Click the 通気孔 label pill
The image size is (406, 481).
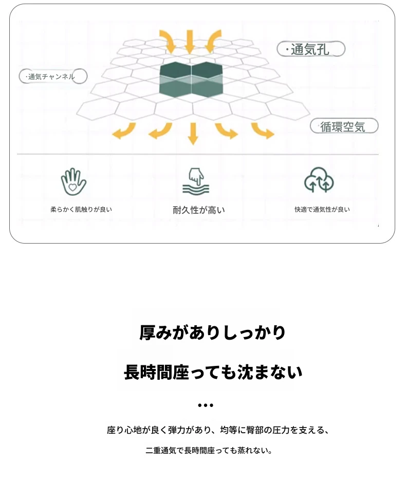coord(311,49)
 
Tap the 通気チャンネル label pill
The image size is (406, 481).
coord(53,77)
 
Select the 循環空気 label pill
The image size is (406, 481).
coord(344,126)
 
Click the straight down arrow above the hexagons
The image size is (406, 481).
coord(190,42)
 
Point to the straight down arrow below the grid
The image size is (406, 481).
coord(193,134)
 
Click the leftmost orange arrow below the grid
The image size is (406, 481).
coord(124,131)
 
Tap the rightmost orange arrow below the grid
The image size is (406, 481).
coord(263,131)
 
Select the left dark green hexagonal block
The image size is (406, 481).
coord(175,80)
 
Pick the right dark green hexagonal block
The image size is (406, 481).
coord(207,80)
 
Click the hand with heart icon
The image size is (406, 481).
coord(73,182)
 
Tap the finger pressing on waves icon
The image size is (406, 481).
coord(196,181)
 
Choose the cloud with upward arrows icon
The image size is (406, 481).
coord(319,180)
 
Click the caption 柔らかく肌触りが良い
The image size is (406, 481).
coord(81,210)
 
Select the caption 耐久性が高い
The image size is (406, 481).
coord(198,210)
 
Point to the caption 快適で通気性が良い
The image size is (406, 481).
coord(322,210)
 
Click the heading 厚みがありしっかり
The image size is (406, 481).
coord(212,333)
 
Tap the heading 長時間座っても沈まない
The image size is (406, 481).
coord(213,372)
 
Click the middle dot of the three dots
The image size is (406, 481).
coord(205,405)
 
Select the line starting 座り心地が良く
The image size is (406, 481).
coord(217,430)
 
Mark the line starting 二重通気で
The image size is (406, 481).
coord(209,451)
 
